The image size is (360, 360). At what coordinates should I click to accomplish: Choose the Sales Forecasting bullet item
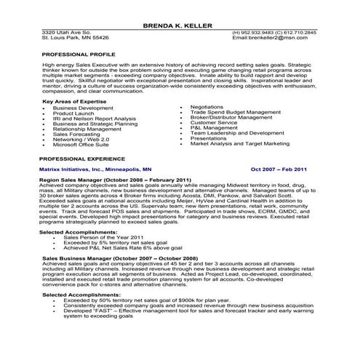pos(78,134)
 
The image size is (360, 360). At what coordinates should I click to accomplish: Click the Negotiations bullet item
pos(207,107)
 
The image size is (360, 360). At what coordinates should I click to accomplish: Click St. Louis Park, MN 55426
pos(75,37)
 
